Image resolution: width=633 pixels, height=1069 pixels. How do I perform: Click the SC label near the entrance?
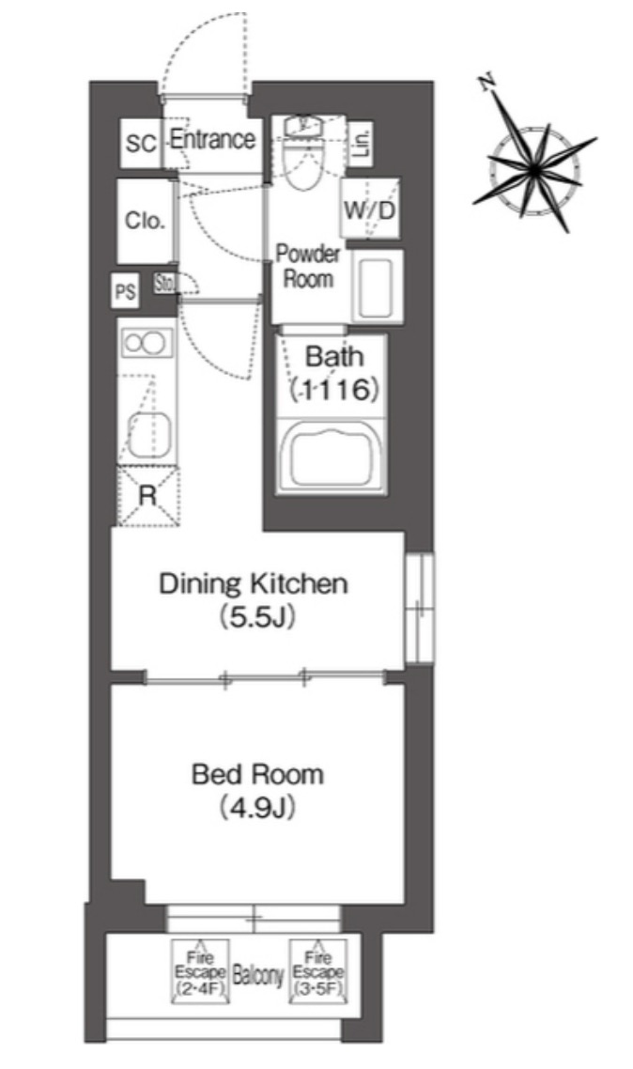click(141, 144)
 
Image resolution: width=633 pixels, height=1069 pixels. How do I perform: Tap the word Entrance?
click(212, 139)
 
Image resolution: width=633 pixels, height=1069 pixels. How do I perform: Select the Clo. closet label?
click(145, 220)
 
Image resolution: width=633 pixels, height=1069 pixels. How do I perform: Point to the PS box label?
click(125, 292)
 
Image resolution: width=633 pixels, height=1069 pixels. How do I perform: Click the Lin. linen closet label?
click(362, 143)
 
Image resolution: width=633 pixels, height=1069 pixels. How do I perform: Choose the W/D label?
click(369, 210)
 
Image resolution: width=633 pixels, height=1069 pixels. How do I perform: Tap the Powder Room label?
click(308, 266)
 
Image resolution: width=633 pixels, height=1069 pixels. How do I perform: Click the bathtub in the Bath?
click(332, 456)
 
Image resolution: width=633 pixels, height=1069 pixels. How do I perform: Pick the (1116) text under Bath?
click(333, 389)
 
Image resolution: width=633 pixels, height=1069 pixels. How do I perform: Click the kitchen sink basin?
click(149, 434)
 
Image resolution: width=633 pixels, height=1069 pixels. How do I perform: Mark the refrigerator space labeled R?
click(147, 496)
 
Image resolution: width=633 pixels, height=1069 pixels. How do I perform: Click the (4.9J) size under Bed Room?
click(256, 808)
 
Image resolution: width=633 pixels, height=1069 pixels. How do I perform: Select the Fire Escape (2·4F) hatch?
click(200, 971)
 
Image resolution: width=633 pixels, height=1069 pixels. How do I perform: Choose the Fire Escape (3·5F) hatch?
click(317, 971)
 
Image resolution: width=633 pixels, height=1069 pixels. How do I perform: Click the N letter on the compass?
click(486, 83)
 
